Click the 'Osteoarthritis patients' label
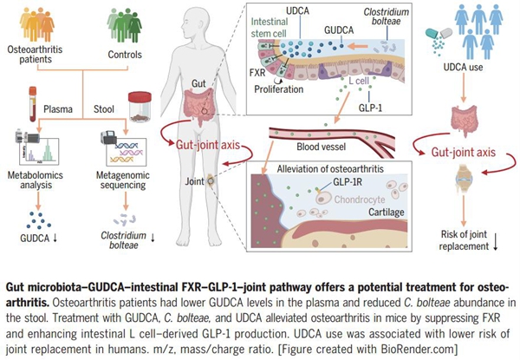(35, 57)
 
